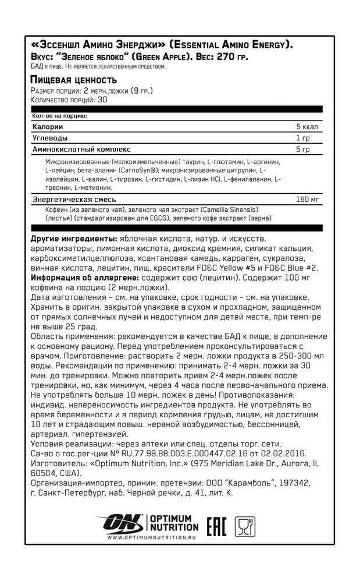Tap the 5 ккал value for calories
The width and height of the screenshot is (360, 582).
tap(306, 127)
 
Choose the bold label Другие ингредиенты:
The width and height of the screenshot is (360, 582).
tap(73, 240)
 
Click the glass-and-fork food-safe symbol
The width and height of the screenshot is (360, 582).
tap(245, 526)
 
